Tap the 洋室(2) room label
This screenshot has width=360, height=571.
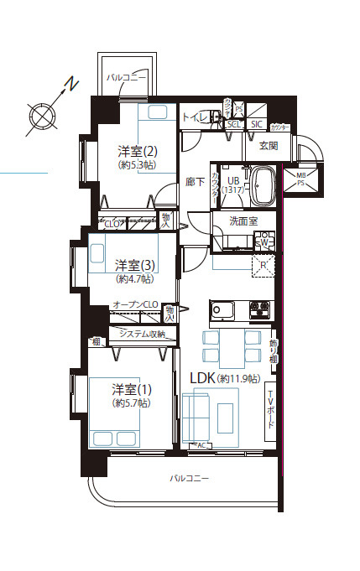pyautogui.click(x=137, y=152)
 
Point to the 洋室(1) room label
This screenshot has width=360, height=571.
pyautogui.click(x=133, y=389)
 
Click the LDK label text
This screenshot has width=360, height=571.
pyautogui.click(x=202, y=378)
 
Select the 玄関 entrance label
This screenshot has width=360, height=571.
pyautogui.click(x=268, y=146)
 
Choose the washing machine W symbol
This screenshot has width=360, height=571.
pyautogui.click(x=263, y=242)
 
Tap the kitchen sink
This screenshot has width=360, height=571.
pyautogui.click(x=224, y=309)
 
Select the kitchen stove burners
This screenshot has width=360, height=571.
pyautogui.click(x=258, y=309)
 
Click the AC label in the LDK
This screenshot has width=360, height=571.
pyautogui.click(x=201, y=445)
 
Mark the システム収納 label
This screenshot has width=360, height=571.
pyautogui.click(x=142, y=335)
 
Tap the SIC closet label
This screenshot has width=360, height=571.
pyautogui.click(x=256, y=124)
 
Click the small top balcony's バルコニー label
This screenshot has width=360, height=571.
pyautogui.click(x=127, y=77)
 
